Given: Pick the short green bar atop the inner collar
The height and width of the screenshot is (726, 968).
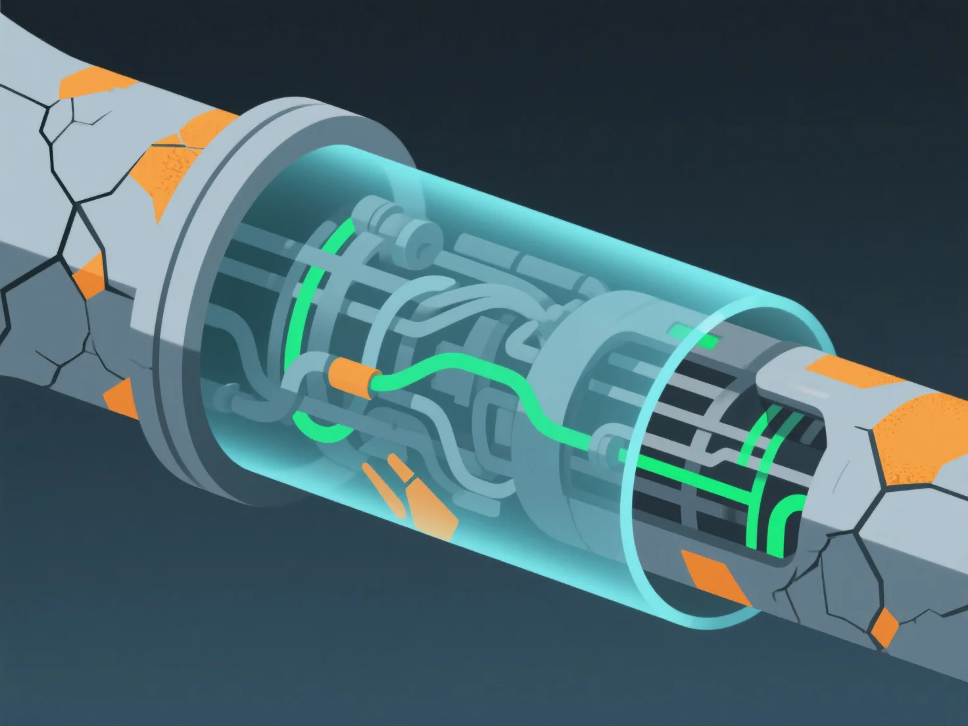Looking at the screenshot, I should tap(694, 336).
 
